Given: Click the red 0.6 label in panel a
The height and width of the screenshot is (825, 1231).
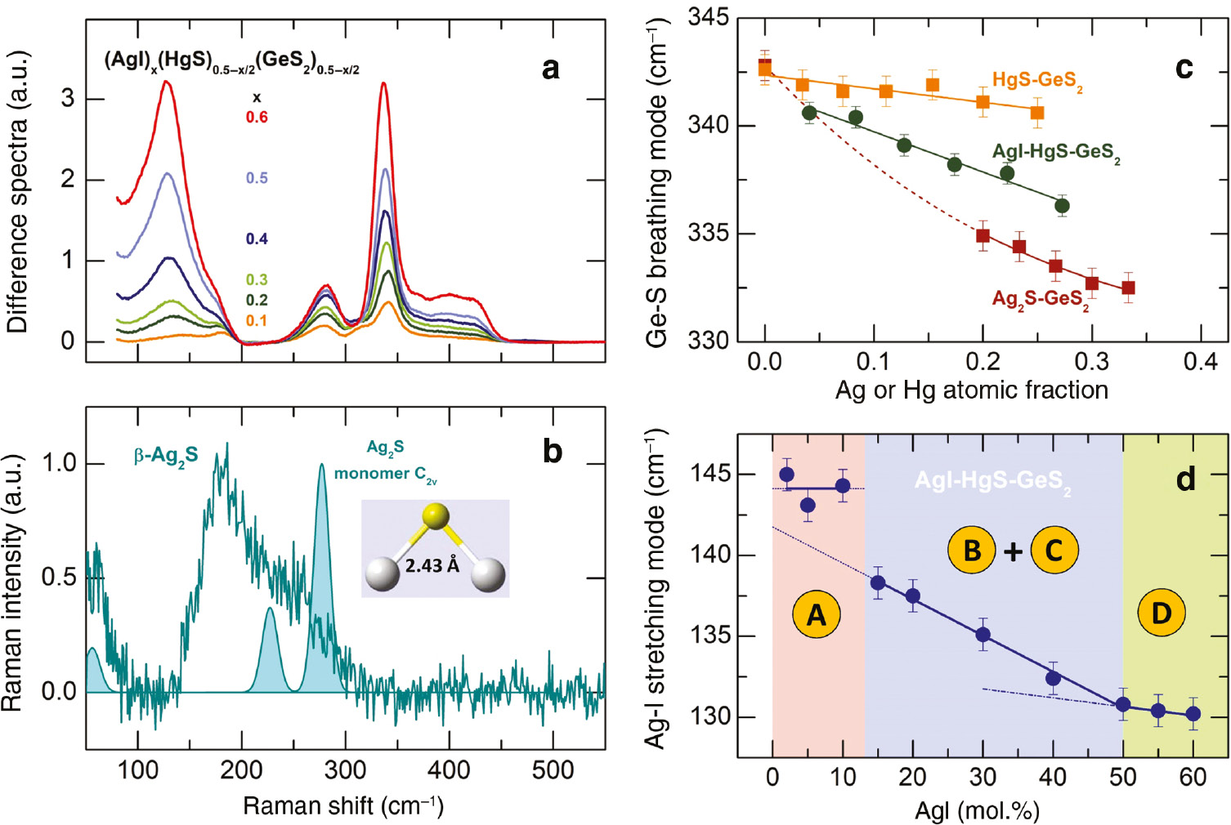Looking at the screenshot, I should (257, 118).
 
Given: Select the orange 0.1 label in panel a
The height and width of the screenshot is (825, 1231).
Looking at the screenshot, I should (257, 321).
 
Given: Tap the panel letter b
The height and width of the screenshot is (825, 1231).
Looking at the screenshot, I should (553, 452).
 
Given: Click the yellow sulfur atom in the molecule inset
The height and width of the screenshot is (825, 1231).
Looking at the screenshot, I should (436, 515).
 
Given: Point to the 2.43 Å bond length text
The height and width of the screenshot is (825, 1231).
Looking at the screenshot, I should (432, 565).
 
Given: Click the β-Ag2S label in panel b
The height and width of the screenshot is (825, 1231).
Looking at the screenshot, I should (166, 456).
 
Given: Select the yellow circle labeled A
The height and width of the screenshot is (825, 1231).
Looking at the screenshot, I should (817, 614).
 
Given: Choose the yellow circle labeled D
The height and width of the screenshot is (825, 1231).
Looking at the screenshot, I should (1162, 613).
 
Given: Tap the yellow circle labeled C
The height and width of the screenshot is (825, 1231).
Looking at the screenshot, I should (1054, 551).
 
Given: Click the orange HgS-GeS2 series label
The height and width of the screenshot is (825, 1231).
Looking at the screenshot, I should (1037, 80).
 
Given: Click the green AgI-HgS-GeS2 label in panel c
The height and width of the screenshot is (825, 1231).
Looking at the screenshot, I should (1055, 152).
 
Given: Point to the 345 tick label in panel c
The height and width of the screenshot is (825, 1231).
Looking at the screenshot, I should (708, 17).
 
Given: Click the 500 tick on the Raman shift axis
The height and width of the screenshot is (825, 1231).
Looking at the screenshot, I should (553, 770).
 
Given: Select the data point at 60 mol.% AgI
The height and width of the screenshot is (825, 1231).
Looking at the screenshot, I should (1193, 714).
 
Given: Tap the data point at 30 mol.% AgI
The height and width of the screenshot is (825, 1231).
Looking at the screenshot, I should (983, 635).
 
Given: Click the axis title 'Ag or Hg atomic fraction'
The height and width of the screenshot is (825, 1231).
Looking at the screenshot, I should (971, 390).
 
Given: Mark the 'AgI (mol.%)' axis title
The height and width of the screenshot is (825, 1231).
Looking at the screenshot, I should (977, 811).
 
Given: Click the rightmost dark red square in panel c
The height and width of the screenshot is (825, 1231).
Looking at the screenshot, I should (1128, 288).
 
